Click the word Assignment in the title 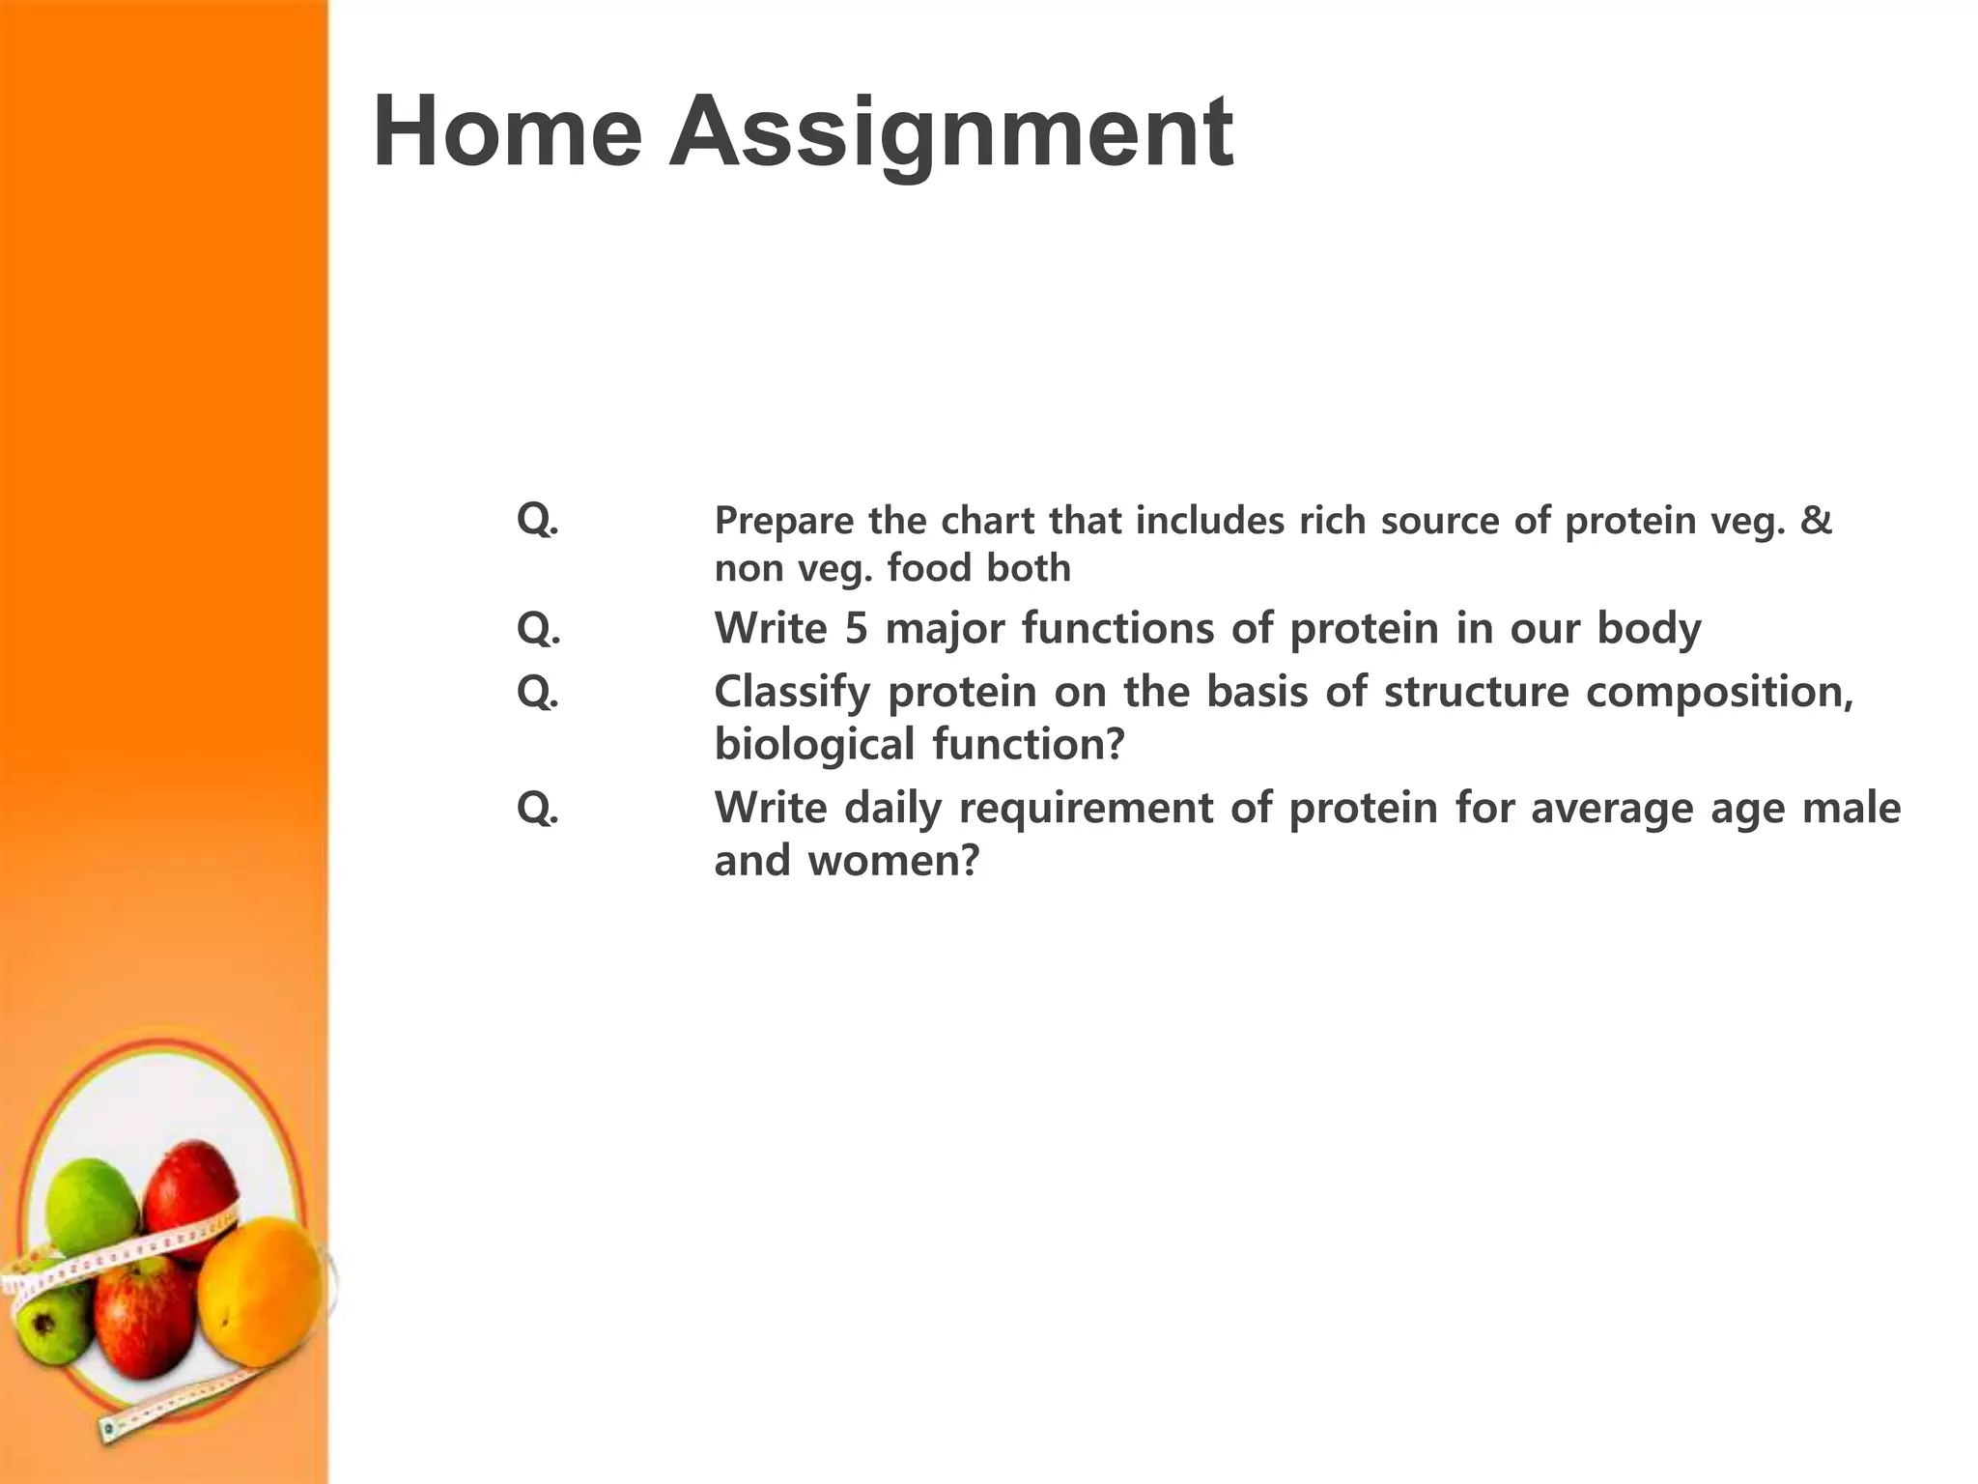pos(951,133)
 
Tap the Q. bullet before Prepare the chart pos(538,520)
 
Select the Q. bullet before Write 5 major pos(538,629)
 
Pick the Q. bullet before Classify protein pos(538,692)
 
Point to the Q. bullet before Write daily pos(538,808)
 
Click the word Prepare pos(784,522)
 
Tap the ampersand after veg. pos(1816,520)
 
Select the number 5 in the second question pos(856,628)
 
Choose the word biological pos(814,745)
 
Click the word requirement pos(1086,808)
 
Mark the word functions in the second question pos(1117,628)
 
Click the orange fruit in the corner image pos(263,1290)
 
